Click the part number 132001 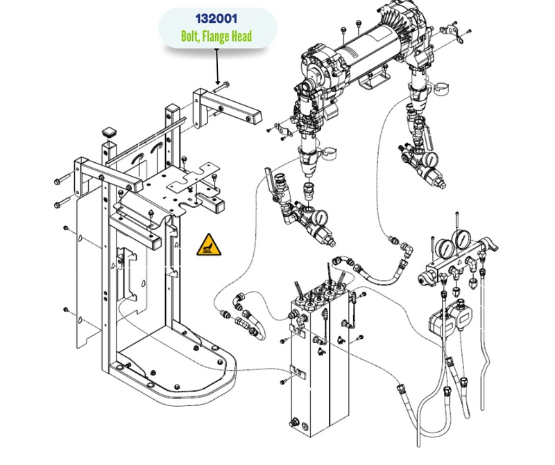point(218,19)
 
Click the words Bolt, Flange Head point(218,35)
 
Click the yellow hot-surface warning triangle point(206,245)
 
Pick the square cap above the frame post point(110,131)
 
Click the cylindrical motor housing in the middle point(368,49)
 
